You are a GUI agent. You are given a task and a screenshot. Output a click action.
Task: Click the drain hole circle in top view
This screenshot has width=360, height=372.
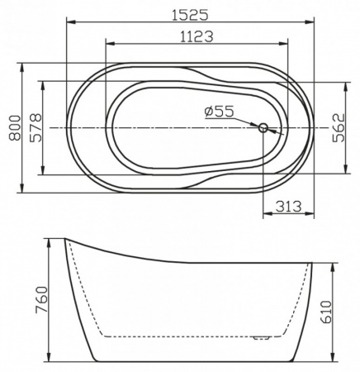click(264, 128)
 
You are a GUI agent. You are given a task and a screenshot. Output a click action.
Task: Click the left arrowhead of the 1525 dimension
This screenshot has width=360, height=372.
click(68, 21)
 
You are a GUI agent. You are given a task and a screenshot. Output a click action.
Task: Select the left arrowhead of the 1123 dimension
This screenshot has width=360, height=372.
click(108, 44)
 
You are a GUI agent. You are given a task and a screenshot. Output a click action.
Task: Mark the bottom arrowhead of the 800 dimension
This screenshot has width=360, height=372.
click(20, 192)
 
